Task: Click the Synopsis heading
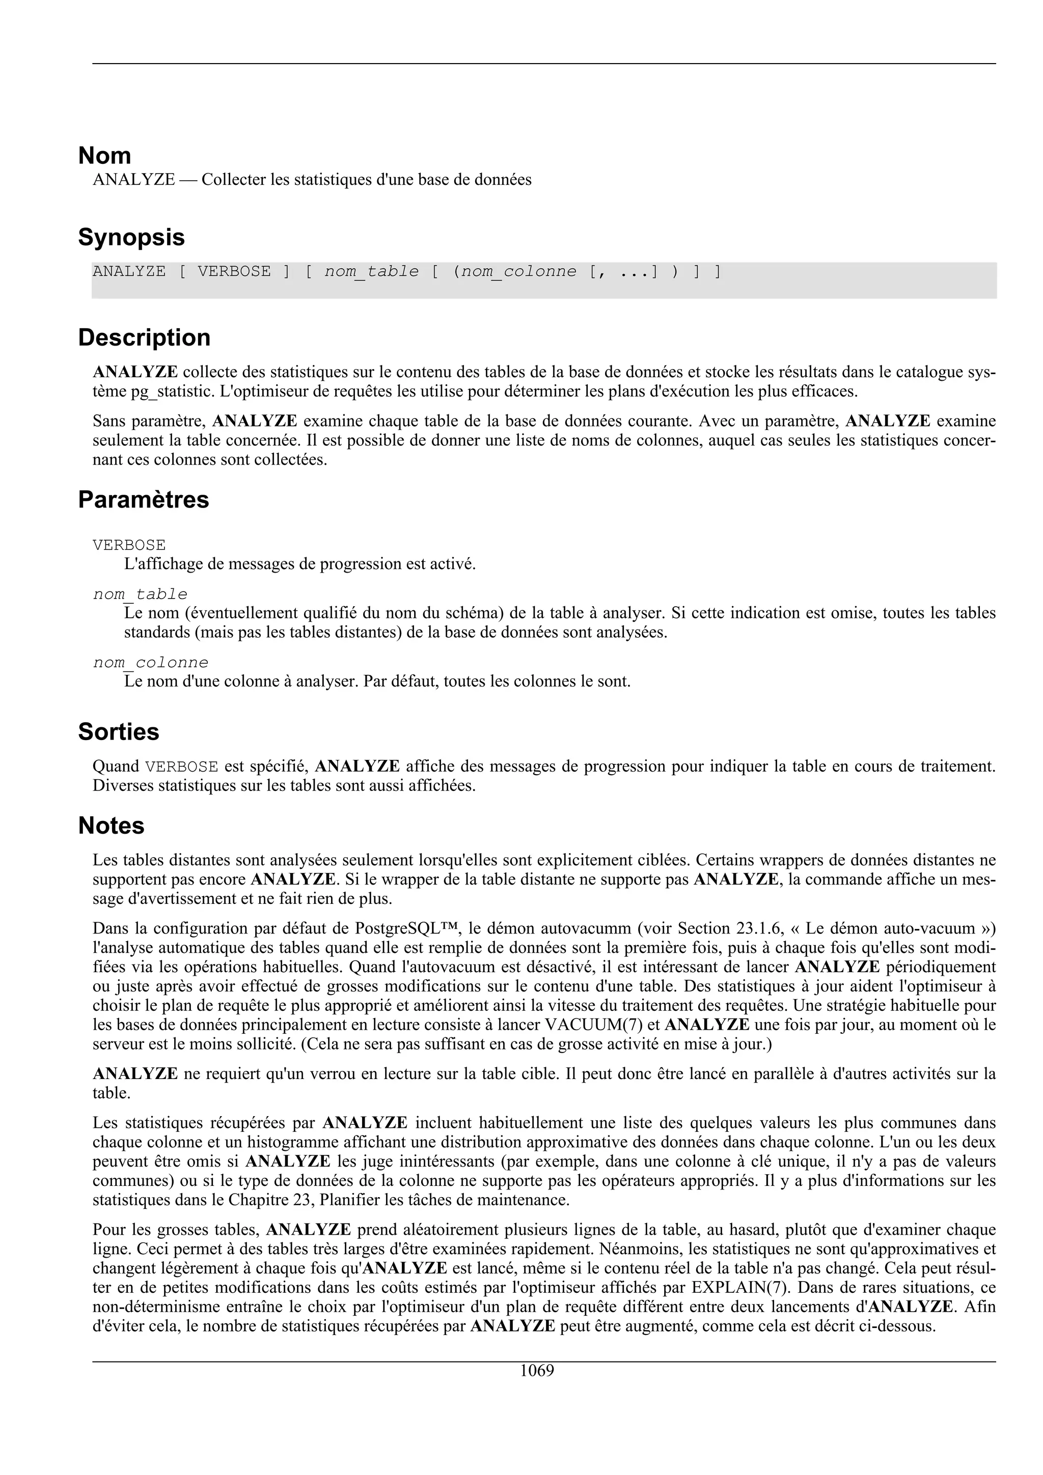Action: pos(131,237)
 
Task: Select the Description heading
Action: pos(144,337)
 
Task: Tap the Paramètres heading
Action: pos(143,499)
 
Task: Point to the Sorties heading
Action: pos(118,731)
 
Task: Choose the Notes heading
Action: pos(111,825)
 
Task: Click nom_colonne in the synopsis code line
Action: pos(518,272)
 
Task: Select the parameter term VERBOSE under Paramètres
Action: pos(129,546)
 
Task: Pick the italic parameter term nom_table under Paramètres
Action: pos(140,594)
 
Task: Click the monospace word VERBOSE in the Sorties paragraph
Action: pos(182,767)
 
